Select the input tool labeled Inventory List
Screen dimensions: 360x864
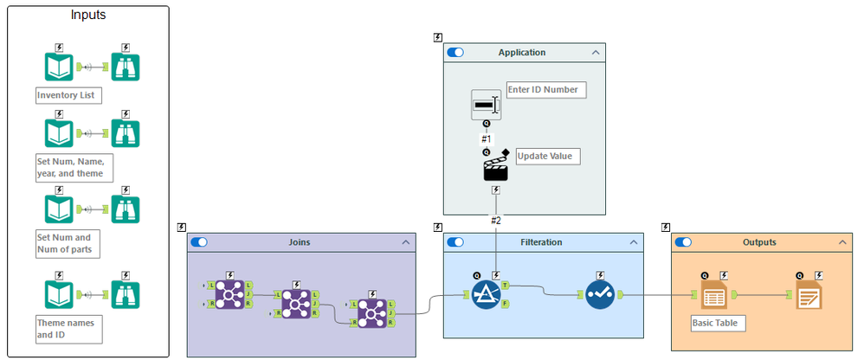59,67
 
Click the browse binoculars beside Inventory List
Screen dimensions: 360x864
126,67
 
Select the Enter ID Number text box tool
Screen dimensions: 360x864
486,105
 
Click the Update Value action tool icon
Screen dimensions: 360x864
495,168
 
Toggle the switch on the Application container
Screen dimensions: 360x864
455,53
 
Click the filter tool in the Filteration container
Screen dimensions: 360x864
486,294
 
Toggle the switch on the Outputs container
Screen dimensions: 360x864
684,243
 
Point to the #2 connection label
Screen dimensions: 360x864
496,221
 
